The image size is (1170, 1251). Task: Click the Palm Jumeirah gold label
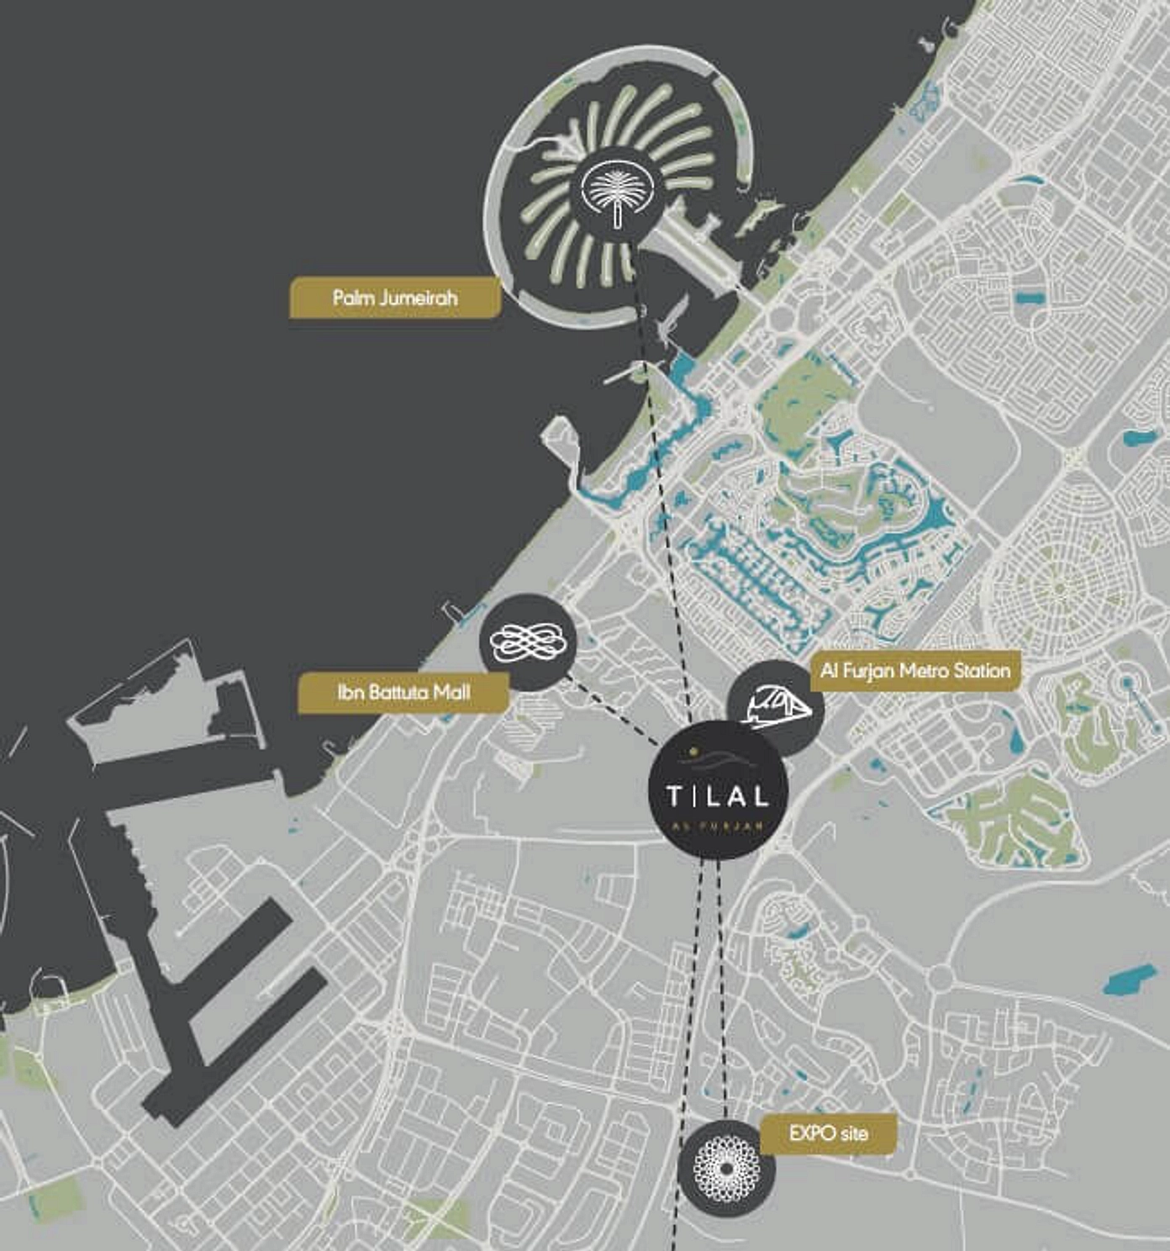395,298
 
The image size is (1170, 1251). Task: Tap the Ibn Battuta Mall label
403,693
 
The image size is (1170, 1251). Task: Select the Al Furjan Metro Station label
915,671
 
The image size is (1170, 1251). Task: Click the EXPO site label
828,1133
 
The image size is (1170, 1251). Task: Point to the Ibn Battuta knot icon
528,642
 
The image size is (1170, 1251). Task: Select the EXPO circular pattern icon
726,1167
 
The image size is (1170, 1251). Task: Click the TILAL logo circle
718,790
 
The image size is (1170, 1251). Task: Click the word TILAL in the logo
717,795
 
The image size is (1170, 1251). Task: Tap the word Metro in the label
924,671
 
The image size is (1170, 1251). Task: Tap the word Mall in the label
451,693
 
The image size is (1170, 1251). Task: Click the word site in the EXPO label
852,1133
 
